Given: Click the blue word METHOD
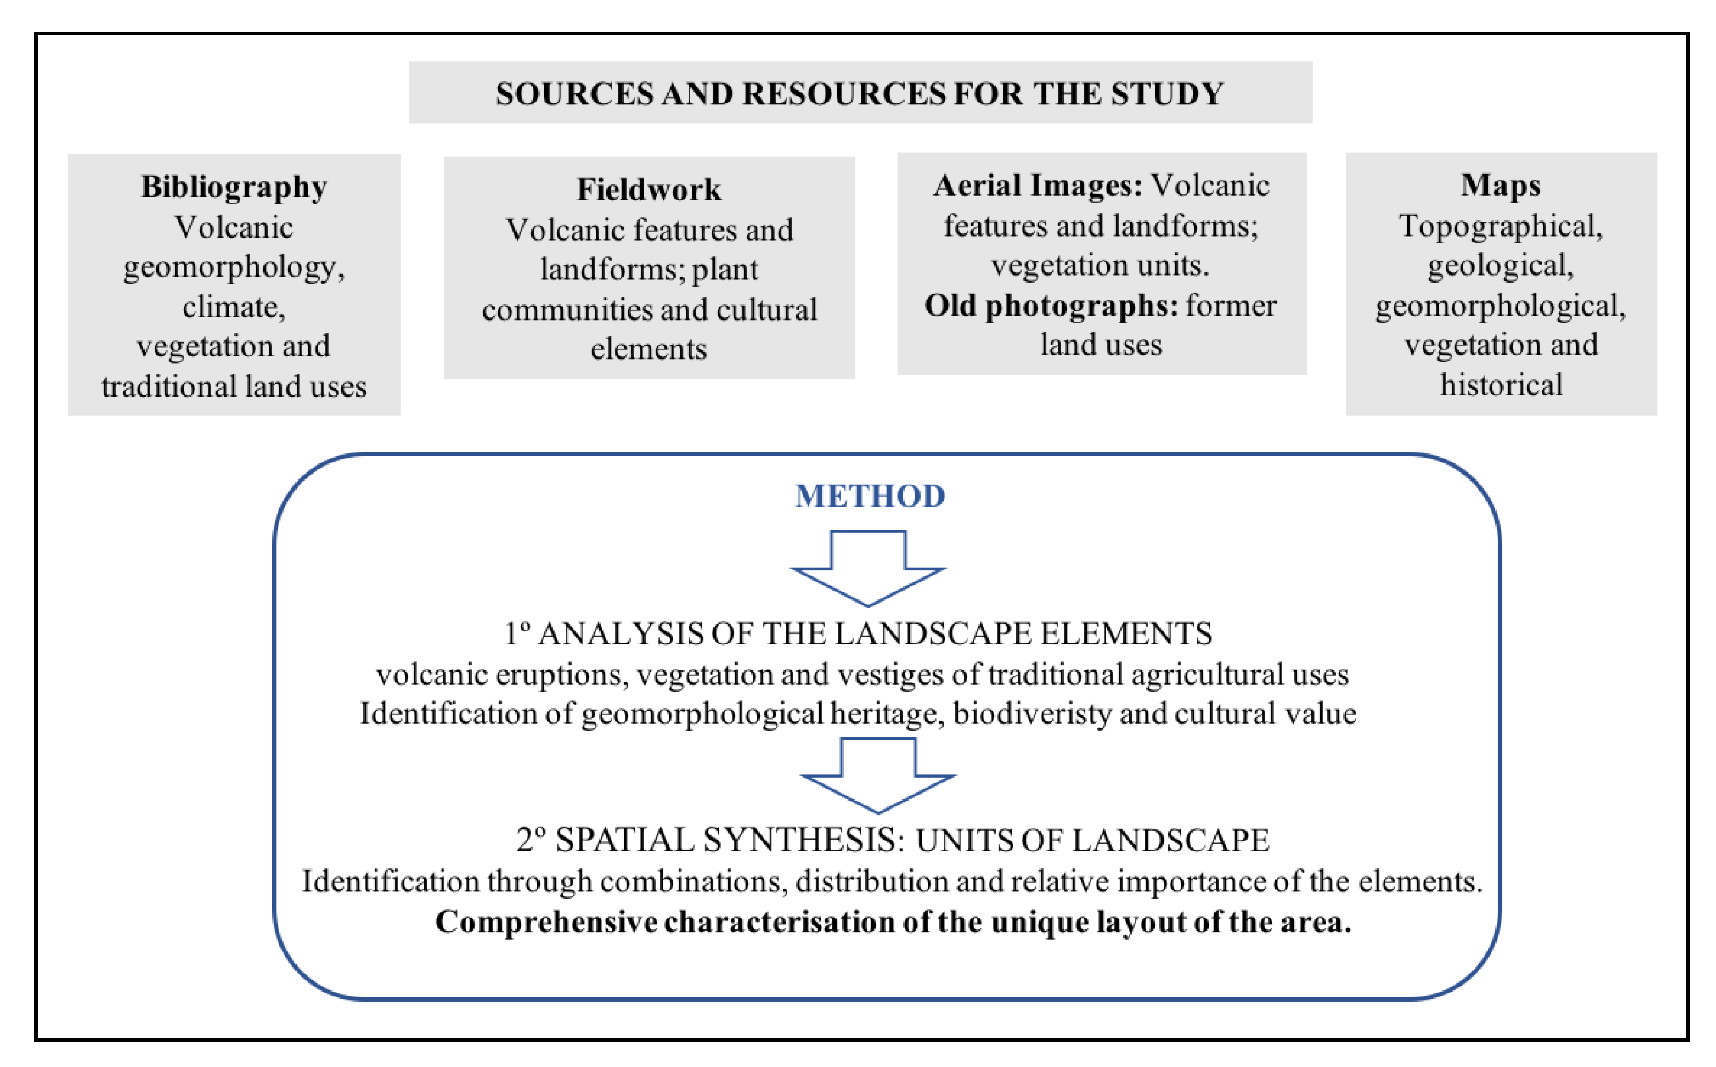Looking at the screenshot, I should [870, 496].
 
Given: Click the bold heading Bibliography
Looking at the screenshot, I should [234, 187].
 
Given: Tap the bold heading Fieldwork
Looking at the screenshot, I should [649, 189].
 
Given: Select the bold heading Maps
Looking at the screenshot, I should [1501, 186].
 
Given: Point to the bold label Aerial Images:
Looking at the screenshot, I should [1038, 186].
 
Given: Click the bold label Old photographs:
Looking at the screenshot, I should [1051, 306].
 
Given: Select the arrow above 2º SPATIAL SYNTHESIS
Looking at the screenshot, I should [878, 774].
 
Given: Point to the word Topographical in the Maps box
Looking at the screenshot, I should [1501, 226].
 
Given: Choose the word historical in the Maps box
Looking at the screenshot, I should [1501, 385].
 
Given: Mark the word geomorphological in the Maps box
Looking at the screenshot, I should [1501, 306].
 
